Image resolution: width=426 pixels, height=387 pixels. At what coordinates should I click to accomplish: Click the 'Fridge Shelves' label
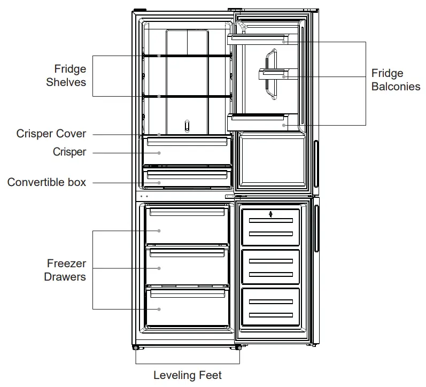[66, 75]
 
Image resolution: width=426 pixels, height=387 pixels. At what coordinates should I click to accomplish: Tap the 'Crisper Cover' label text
[51, 134]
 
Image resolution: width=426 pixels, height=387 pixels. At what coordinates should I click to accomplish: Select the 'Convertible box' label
[47, 182]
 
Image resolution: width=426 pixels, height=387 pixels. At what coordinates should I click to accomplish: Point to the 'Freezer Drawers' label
[66, 270]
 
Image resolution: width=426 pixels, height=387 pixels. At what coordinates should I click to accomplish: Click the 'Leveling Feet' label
[187, 375]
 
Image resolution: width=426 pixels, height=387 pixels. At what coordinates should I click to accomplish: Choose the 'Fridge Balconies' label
[396, 80]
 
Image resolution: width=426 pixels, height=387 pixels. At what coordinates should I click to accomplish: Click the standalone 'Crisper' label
[69, 152]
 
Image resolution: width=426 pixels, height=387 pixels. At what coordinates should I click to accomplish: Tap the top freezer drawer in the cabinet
[187, 227]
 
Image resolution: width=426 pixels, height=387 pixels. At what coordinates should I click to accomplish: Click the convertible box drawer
[187, 178]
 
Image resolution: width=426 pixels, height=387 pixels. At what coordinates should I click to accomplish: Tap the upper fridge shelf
[187, 56]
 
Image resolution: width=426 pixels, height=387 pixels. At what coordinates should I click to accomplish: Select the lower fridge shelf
[187, 96]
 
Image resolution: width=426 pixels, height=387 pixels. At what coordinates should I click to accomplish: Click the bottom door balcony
[261, 123]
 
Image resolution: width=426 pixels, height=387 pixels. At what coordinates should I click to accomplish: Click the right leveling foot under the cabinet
[236, 348]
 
